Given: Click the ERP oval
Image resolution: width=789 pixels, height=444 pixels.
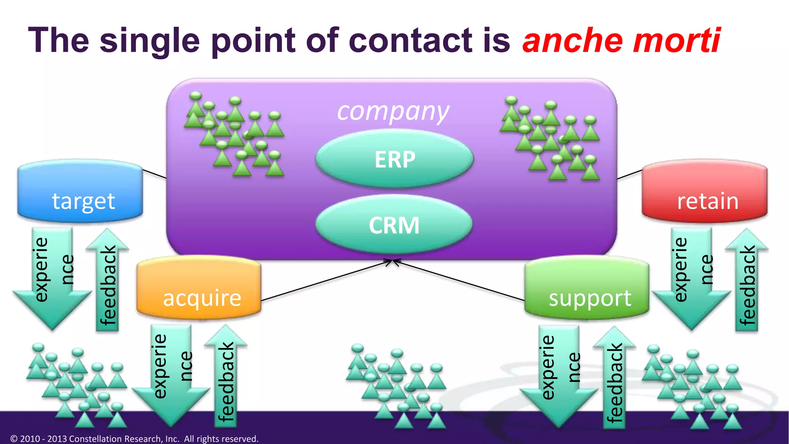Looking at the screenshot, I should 394,159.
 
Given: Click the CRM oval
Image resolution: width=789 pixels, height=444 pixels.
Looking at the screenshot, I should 394,225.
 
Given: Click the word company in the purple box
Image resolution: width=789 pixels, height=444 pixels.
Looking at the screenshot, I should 393,112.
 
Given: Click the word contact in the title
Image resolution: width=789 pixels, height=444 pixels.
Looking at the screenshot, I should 410,40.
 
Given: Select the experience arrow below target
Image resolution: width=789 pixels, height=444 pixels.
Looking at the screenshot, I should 52,277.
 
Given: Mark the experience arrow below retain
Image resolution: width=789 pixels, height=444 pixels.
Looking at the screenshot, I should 692,277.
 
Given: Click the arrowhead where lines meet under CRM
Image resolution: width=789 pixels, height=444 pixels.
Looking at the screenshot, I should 393,262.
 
